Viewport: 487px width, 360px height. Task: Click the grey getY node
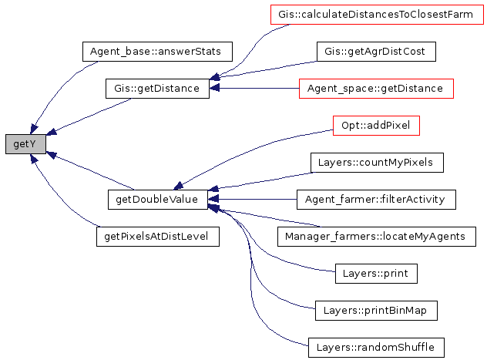point(25,144)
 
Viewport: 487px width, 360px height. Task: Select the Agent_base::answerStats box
point(157,52)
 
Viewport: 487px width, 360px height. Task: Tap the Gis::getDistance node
point(157,89)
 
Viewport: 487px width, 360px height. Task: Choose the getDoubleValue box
point(157,200)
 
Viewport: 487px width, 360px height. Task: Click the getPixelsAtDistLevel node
point(158,237)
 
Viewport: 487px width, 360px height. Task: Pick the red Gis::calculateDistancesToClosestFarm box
point(377,15)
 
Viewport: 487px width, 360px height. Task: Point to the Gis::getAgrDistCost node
point(376,52)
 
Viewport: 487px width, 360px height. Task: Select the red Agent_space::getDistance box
point(376,89)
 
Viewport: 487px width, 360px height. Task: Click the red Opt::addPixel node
point(376,126)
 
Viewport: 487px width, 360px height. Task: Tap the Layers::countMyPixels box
point(377,163)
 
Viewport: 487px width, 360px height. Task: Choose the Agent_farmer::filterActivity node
point(376,200)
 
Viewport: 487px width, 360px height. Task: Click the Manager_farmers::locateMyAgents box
point(377,237)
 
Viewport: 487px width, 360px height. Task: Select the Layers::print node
point(376,274)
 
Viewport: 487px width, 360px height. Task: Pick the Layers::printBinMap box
point(376,311)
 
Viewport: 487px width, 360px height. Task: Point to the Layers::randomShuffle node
point(376,347)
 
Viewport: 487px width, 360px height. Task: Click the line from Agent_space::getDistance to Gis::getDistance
point(255,89)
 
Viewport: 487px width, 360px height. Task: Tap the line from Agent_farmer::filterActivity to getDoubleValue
point(253,200)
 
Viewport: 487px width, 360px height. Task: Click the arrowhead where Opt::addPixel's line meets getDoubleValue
point(178,186)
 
